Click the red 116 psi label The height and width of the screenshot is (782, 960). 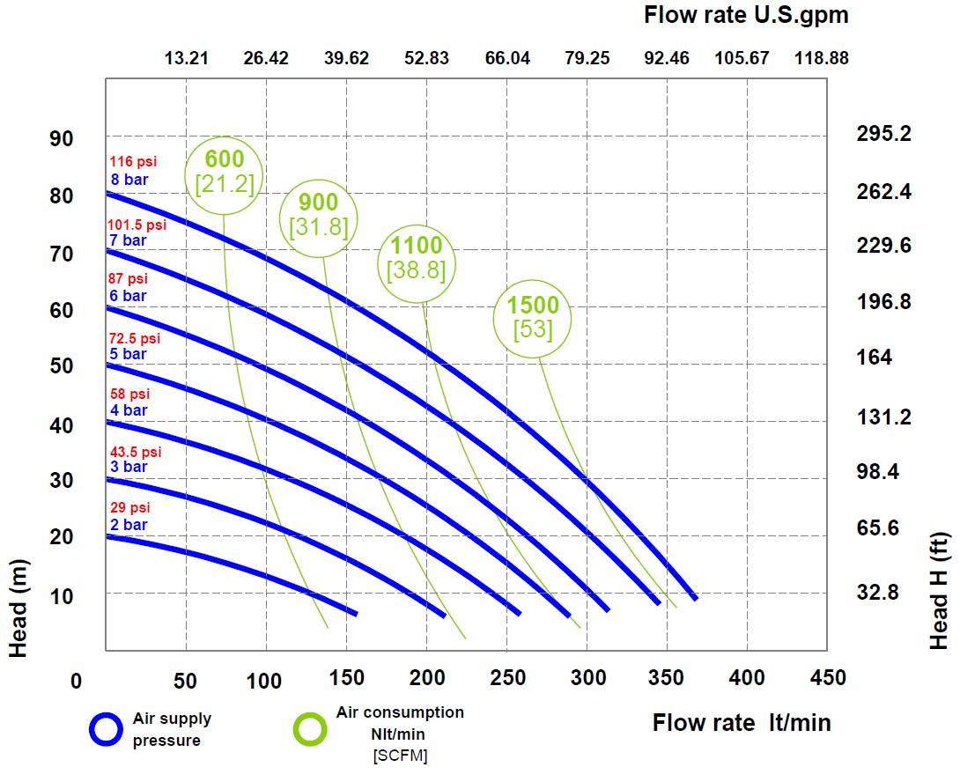[x=133, y=162]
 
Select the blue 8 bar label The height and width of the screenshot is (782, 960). [x=129, y=180]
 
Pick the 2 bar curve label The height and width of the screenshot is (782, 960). [x=129, y=525]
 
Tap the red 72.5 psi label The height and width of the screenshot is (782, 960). [x=134, y=338]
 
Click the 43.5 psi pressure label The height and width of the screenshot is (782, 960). [x=136, y=452]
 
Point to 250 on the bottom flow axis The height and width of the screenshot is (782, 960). [x=507, y=677]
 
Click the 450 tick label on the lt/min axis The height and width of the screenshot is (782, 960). [x=828, y=677]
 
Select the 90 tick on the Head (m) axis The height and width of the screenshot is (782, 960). [x=62, y=139]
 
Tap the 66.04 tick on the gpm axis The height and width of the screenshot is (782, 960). [x=507, y=58]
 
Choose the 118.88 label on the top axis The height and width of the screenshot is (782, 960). [x=822, y=58]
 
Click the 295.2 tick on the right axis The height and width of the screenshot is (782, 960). [x=883, y=134]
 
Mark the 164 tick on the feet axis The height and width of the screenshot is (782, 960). [x=875, y=357]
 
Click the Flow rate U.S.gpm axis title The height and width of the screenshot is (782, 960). [x=746, y=15]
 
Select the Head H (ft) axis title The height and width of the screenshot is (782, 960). [x=939, y=591]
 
